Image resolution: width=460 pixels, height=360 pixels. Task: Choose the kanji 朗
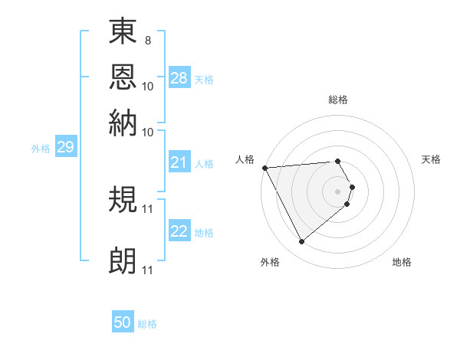pos(123,261)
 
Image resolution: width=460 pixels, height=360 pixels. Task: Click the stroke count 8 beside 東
pos(147,40)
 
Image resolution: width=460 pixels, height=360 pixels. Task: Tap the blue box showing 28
pos(179,78)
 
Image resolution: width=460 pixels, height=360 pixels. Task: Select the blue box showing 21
pos(179,162)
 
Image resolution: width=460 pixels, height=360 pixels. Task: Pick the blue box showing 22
pos(179,232)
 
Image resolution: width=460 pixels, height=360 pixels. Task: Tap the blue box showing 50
pos(123,323)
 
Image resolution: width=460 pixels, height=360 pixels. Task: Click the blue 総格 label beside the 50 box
pos(147,324)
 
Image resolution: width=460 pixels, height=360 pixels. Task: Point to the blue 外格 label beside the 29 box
pos(40,149)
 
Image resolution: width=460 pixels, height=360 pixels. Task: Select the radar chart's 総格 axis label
pos(338,100)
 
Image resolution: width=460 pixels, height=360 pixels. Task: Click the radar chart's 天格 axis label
pos(432,159)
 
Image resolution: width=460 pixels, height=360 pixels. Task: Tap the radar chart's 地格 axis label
pos(402,262)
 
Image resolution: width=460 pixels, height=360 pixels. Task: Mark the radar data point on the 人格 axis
pos(264,167)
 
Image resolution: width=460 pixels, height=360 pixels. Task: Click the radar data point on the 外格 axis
pos(301,242)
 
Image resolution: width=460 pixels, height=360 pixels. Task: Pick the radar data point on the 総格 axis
pos(338,161)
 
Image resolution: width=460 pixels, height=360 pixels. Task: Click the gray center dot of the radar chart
pos(338,191)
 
